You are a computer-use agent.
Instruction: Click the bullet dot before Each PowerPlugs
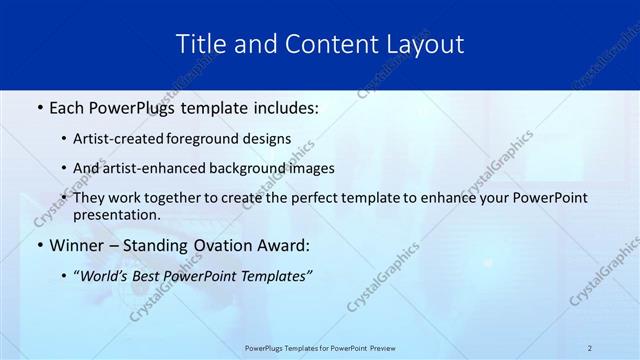pyautogui.click(x=39, y=106)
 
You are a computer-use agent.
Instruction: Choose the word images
pyautogui.click(x=309, y=168)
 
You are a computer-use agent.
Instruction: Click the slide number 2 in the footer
pyautogui.click(x=590, y=348)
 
